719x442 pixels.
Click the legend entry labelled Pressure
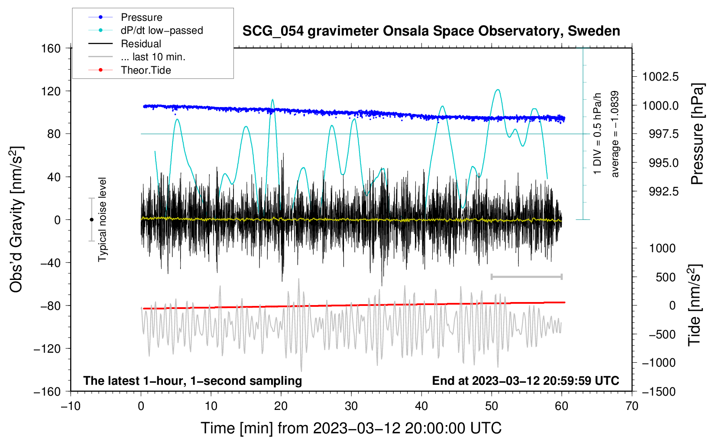141,17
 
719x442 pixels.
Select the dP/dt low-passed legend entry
162,30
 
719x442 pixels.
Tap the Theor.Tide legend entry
146,70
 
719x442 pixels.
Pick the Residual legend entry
141,44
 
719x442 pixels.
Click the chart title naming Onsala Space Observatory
431,31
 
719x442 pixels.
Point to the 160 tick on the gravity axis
51,49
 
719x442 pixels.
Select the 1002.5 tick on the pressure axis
660,77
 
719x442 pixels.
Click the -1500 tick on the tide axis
658,392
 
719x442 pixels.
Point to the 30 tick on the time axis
351,406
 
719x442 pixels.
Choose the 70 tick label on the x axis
632,406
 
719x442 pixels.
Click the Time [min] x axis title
351,428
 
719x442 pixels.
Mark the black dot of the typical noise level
91,220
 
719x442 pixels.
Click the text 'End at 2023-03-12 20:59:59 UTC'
525,381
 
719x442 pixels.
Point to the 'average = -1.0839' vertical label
615,134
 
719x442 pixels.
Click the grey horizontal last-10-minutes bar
526,276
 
